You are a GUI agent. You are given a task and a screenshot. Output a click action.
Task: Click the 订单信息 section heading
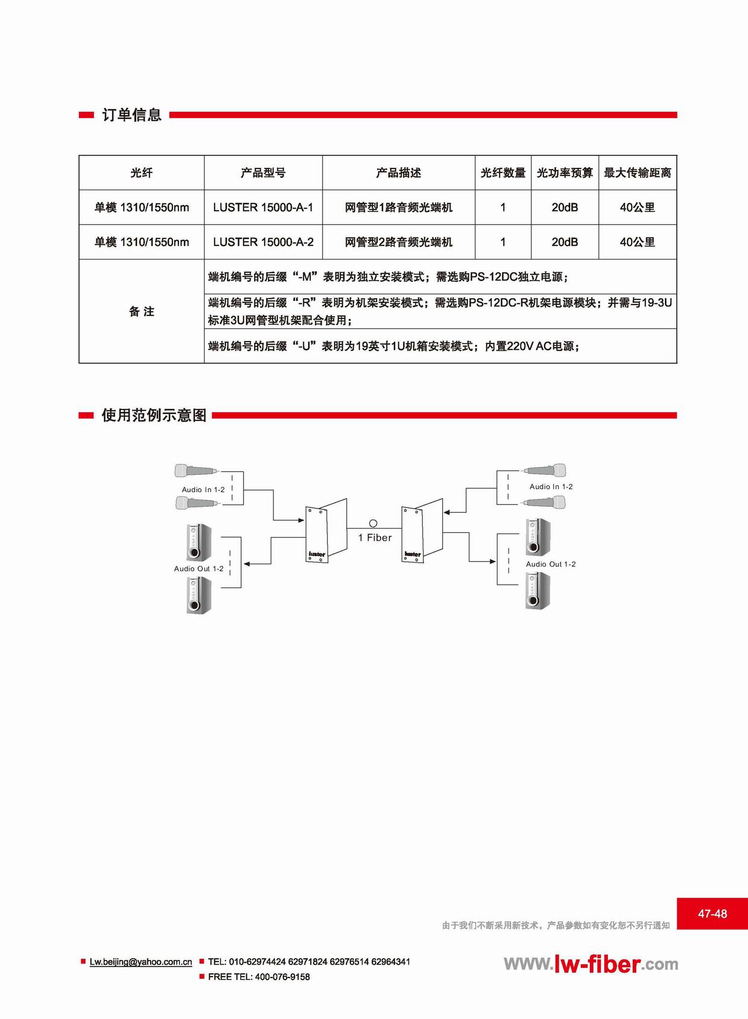(132, 115)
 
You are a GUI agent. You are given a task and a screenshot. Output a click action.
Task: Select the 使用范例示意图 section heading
(154, 415)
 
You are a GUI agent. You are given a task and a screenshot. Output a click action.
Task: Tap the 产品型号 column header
(263, 173)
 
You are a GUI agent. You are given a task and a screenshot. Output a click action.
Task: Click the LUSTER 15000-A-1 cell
(263, 208)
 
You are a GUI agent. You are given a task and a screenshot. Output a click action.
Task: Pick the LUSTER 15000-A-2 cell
(263, 242)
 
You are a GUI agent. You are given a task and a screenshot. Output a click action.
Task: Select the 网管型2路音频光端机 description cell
(399, 242)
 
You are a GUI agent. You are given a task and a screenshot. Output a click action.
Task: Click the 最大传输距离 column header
(638, 173)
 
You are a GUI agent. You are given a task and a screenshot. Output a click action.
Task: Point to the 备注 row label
(141, 312)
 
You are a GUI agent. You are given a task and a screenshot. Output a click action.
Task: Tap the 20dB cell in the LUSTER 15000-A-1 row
(565, 208)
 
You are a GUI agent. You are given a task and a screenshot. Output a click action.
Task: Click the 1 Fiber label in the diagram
(375, 538)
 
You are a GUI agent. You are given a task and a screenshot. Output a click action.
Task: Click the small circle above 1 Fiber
(373, 524)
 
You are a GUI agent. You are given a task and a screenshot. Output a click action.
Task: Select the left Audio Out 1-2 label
(198, 569)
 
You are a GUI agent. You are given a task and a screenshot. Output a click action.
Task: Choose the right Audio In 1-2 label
(551, 487)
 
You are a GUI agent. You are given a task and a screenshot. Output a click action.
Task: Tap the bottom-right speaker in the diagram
(538, 591)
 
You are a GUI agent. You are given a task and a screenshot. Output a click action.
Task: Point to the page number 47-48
(712, 913)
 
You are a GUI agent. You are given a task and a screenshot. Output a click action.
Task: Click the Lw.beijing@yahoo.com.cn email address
(141, 962)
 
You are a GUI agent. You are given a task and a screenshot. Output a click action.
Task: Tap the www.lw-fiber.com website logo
(591, 964)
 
